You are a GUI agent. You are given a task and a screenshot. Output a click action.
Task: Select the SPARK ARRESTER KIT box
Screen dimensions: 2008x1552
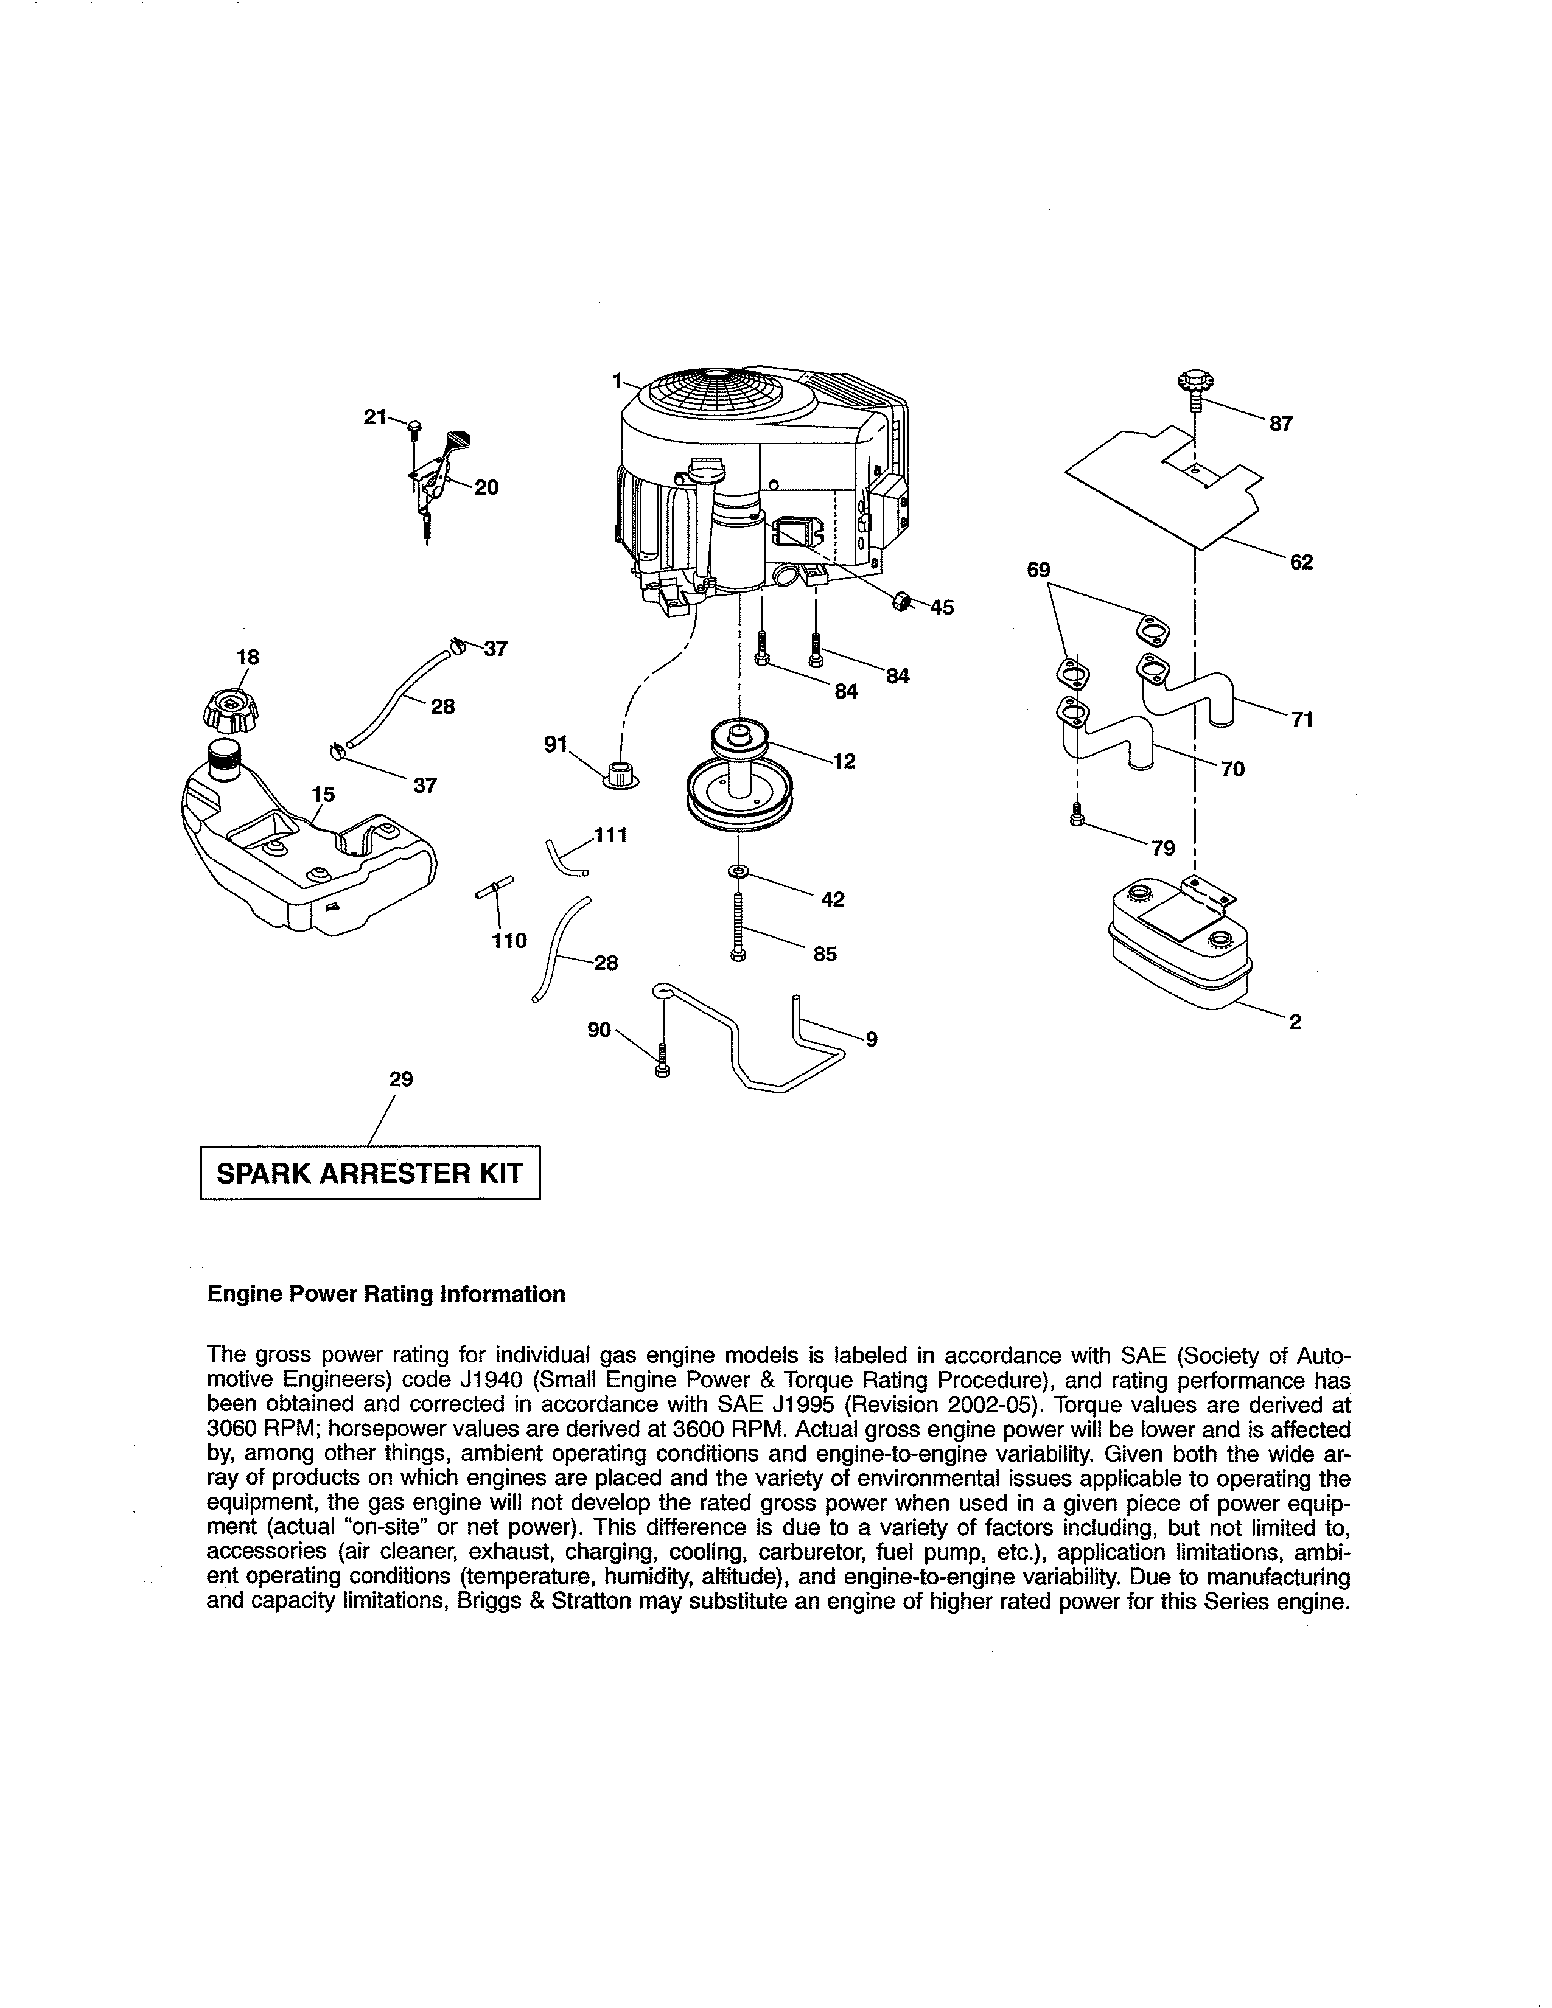pyautogui.click(x=369, y=1173)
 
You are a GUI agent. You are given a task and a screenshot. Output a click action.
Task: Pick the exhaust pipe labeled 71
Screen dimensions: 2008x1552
pyautogui.click(x=1186, y=689)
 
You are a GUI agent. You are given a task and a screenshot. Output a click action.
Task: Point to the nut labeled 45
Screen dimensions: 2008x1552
pyautogui.click(x=901, y=601)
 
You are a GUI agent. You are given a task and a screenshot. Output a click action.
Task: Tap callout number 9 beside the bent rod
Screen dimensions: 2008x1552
pyautogui.click(x=871, y=1039)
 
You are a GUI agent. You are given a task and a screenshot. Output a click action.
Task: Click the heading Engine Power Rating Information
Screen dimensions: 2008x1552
pyautogui.click(x=386, y=1294)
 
